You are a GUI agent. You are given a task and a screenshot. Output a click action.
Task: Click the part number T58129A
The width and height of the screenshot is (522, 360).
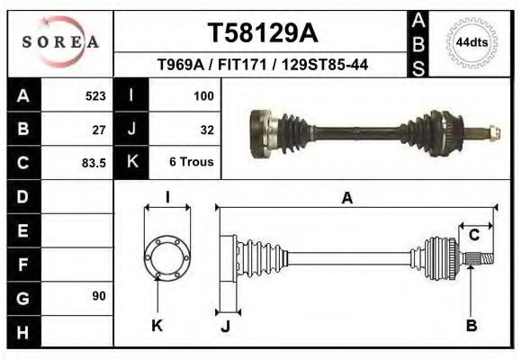(262, 33)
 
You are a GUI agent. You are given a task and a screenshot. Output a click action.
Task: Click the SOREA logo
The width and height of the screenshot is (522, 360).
(60, 42)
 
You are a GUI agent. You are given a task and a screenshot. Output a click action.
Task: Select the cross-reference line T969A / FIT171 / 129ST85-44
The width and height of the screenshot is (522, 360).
(262, 66)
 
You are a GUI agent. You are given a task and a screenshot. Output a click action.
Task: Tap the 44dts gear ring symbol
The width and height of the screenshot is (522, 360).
(472, 42)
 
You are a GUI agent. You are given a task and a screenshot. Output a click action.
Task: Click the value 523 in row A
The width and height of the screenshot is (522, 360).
(94, 94)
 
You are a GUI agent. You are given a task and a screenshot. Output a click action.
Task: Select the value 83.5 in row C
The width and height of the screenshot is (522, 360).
(94, 163)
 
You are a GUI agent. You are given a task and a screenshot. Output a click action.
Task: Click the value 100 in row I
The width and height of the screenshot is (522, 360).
(202, 94)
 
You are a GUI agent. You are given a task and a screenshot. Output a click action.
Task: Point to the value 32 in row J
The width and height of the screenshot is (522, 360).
(206, 129)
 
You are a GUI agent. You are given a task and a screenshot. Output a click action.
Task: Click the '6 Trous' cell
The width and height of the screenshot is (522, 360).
(192, 163)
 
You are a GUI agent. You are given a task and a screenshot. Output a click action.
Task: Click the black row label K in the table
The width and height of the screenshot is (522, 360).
(131, 163)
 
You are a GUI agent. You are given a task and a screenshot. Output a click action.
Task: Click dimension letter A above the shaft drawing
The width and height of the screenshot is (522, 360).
(346, 199)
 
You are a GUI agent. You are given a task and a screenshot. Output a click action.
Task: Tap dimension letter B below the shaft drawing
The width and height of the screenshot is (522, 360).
(471, 326)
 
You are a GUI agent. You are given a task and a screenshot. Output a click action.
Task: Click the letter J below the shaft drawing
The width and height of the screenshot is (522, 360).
(225, 326)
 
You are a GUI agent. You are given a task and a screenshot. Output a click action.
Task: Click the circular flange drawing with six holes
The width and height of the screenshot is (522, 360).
(167, 259)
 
